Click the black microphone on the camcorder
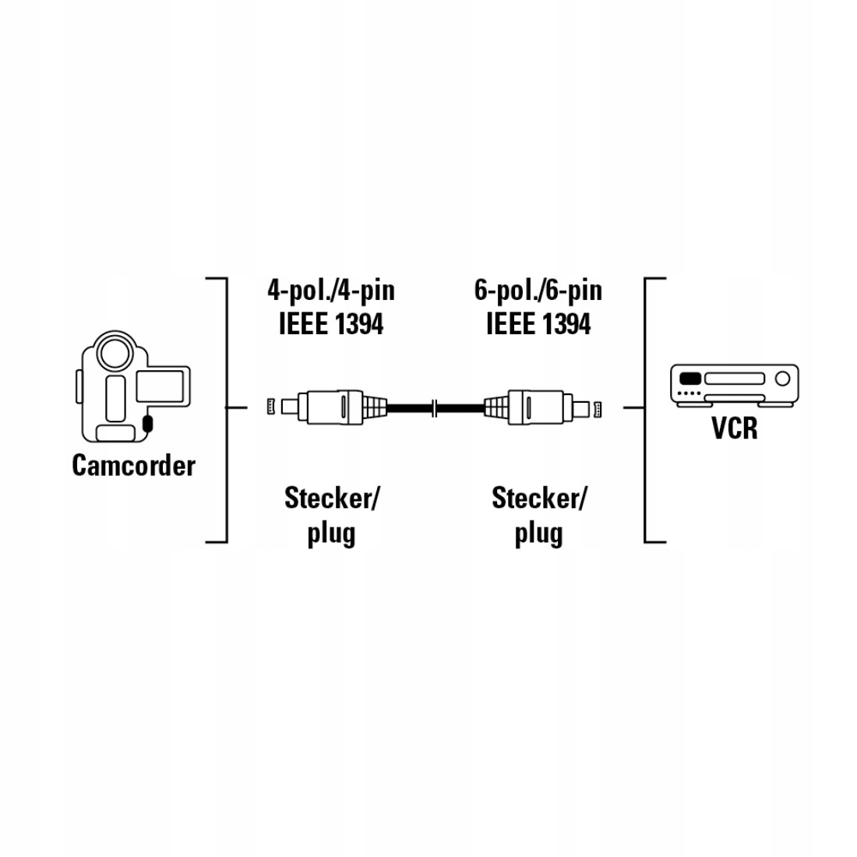[148, 425]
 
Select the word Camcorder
[133, 465]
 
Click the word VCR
[734, 428]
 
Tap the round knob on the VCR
[782, 379]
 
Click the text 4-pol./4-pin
[331, 291]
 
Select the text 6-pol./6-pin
[538, 291]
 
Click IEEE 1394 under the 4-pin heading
[331, 323]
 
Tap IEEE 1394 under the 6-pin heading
[538, 323]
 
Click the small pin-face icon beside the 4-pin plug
[271, 406]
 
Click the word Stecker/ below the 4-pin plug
[331, 498]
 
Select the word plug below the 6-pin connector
[538, 534]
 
